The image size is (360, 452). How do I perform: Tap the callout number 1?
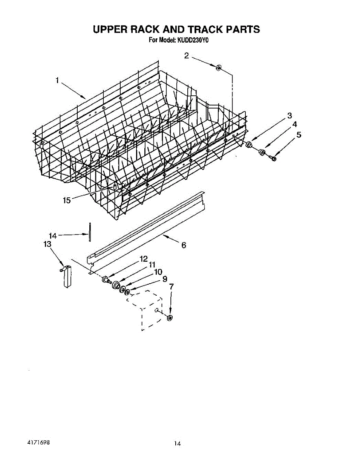(57, 80)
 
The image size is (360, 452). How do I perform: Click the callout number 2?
(187, 56)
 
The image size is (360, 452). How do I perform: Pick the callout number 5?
(299, 134)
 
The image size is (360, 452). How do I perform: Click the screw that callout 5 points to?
(274, 159)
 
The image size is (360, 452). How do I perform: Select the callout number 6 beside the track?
(184, 245)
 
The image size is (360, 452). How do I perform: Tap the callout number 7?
(171, 287)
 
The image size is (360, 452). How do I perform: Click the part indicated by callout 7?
(170, 318)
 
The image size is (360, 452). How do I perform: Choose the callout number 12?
(143, 259)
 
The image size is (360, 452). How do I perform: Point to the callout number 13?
(47, 244)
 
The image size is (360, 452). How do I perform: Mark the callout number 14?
(53, 236)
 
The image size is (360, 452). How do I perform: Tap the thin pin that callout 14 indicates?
(90, 233)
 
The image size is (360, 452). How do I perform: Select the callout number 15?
(67, 200)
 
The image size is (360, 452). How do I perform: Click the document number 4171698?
(39, 441)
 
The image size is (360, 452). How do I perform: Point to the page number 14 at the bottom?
(177, 443)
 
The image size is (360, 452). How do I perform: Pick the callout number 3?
(290, 115)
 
